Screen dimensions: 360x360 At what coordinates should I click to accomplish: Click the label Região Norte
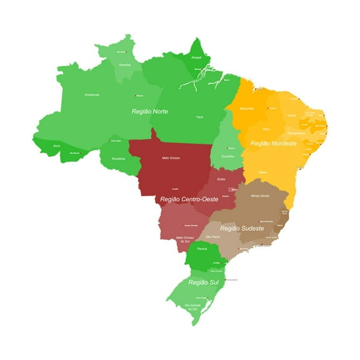point(150,111)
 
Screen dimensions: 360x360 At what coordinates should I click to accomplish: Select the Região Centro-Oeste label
point(189,199)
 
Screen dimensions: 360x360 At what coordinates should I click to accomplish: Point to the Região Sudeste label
point(241,228)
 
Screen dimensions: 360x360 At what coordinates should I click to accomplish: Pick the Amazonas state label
point(92,94)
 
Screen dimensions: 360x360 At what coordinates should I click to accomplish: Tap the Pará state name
point(199,117)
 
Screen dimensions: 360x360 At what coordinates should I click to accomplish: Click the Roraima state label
point(125,64)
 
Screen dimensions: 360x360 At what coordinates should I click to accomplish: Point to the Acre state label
point(57,145)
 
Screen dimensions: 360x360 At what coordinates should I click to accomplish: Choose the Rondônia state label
point(118,158)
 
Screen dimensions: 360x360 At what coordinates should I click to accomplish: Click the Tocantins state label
point(227,156)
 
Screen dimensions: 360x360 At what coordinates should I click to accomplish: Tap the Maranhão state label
point(247,108)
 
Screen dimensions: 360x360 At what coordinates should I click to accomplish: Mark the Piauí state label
point(266,129)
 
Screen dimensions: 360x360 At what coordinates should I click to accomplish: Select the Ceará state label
point(291,115)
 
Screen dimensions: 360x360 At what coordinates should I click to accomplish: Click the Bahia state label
point(262,171)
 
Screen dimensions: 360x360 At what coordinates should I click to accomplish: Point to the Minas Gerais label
point(259,196)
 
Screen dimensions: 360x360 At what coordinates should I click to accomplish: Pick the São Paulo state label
point(212,237)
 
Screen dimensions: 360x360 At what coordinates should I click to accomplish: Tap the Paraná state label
point(201,249)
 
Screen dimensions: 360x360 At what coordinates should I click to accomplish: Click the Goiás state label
point(221,179)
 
